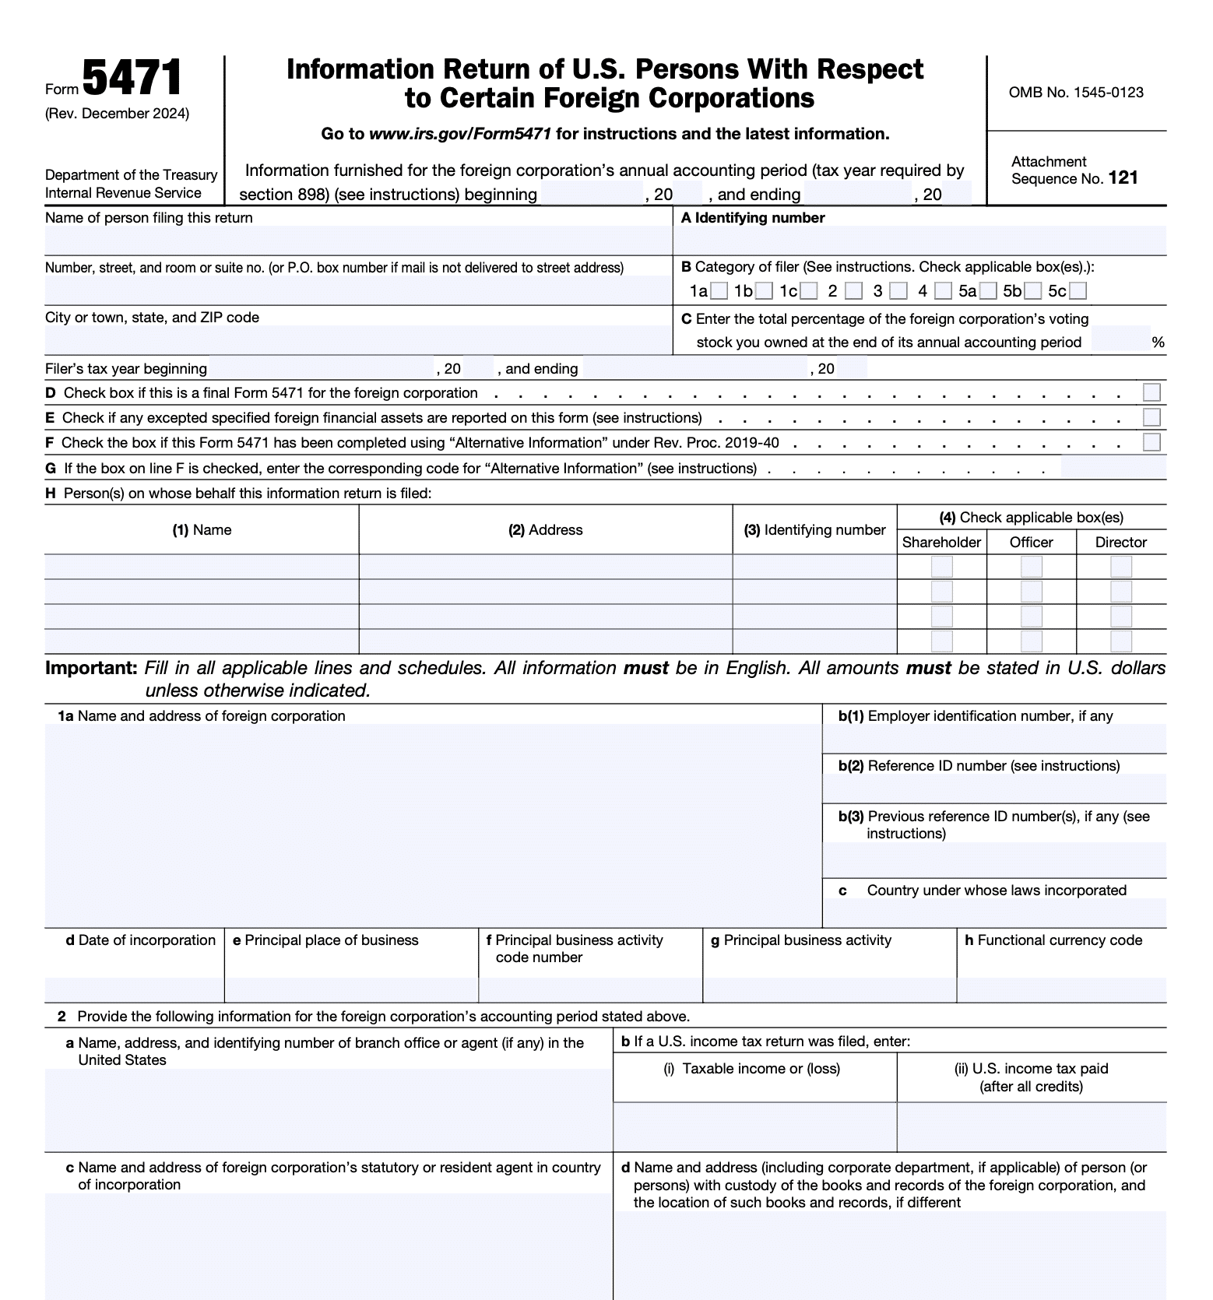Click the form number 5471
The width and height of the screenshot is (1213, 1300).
click(132, 79)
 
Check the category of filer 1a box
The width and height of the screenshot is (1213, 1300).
click(719, 291)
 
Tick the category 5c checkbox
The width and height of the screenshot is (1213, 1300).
click(1078, 291)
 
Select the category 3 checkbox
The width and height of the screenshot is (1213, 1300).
click(898, 291)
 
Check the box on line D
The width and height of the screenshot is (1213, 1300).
click(1151, 392)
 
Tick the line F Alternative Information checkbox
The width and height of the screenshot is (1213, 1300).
click(1151, 443)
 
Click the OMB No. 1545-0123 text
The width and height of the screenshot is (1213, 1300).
click(1076, 93)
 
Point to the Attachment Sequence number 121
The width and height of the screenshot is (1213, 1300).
click(1123, 178)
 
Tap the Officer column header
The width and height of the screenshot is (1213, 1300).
click(1031, 543)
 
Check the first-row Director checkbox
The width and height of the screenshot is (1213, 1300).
click(1120, 567)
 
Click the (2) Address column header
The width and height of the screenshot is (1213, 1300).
click(545, 530)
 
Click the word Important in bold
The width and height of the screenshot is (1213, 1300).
click(91, 668)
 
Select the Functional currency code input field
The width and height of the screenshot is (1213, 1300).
click(1060, 989)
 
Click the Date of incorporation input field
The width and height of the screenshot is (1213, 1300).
click(134, 989)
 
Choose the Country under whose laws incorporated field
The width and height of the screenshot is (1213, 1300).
click(993, 912)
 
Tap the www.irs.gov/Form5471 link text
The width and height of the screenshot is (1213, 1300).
click(460, 134)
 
